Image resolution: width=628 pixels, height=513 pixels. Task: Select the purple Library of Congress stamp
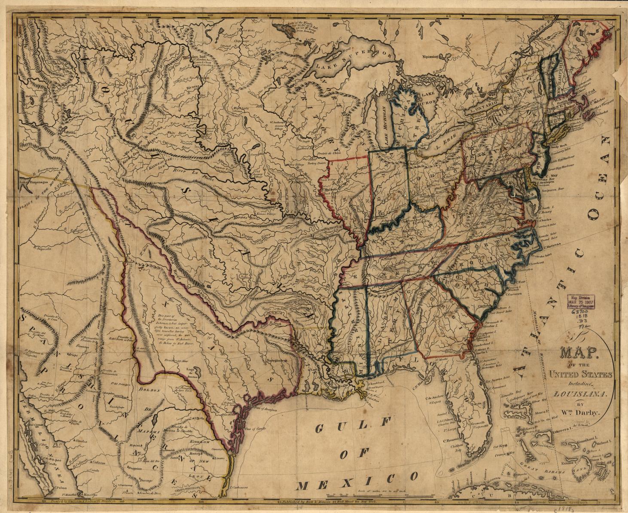pos(582,302)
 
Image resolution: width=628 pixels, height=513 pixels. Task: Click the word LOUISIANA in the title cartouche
pos(579,393)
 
